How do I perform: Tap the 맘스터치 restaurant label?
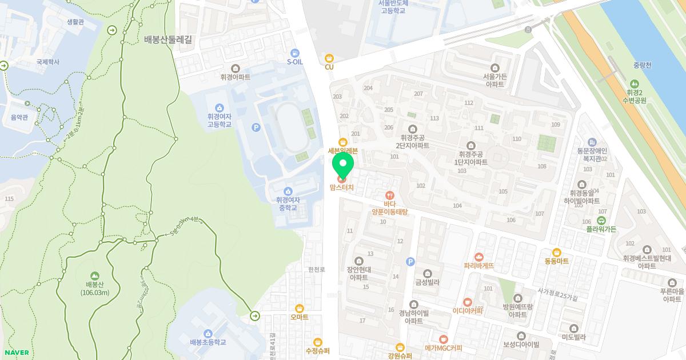coord(342,187)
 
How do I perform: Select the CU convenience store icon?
coord(329,58)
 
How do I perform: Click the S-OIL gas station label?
coord(294,62)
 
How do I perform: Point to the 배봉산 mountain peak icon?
coord(94,275)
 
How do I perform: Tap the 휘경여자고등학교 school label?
coord(220,119)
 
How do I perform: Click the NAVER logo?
coord(15,353)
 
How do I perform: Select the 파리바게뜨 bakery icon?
coord(479,257)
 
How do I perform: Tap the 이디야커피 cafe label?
coord(468,311)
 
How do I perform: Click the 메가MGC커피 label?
coord(443,348)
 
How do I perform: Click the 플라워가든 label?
coord(601,229)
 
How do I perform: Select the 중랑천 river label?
coord(643,65)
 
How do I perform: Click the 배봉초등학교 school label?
coord(208,342)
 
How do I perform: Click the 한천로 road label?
coord(316,269)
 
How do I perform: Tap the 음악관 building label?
coord(19,117)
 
